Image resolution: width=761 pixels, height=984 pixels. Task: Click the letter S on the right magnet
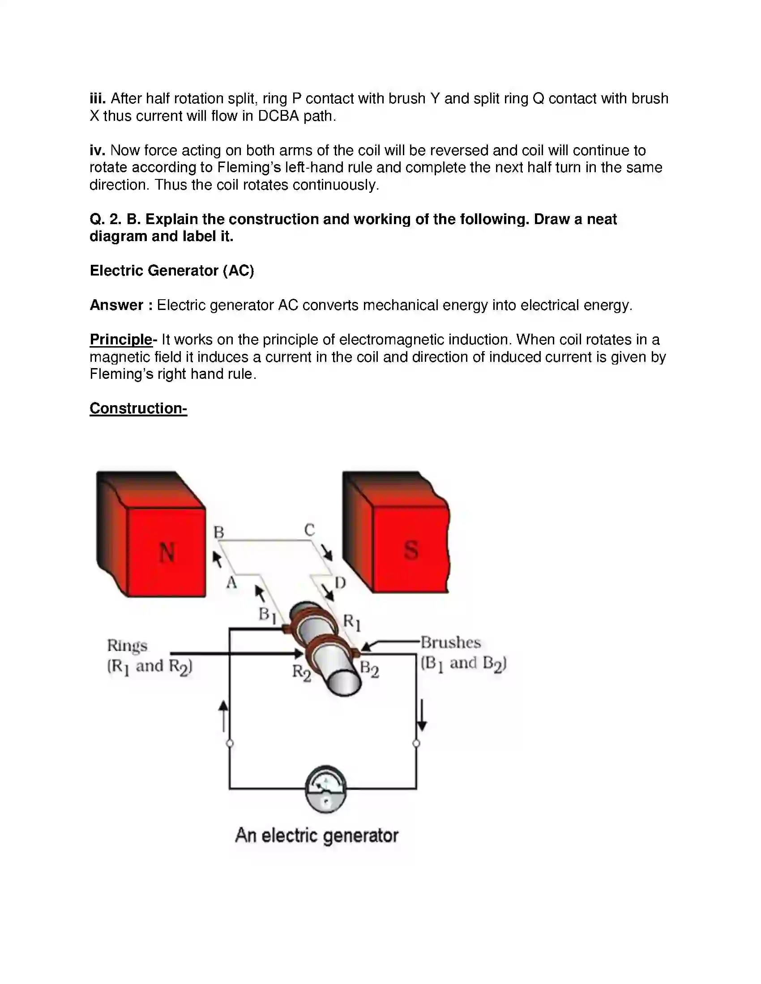click(x=410, y=550)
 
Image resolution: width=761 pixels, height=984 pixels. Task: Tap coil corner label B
click(x=218, y=532)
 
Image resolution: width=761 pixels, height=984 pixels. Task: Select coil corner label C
click(x=309, y=530)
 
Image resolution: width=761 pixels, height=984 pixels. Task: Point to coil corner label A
click(x=231, y=582)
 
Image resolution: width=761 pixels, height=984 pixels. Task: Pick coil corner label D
click(x=340, y=583)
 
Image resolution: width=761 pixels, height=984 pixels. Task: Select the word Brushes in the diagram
click(x=450, y=642)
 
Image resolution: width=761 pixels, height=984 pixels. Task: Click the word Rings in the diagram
click(x=127, y=645)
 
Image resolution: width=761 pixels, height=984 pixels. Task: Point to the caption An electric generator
click(x=316, y=835)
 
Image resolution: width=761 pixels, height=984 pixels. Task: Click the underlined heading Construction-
click(x=138, y=408)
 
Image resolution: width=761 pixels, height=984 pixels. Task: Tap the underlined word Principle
click(x=121, y=339)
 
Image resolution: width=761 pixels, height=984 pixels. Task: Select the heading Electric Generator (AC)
click(x=172, y=270)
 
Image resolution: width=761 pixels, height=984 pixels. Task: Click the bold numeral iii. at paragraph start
click(x=98, y=98)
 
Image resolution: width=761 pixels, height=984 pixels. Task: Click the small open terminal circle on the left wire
click(x=230, y=743)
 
